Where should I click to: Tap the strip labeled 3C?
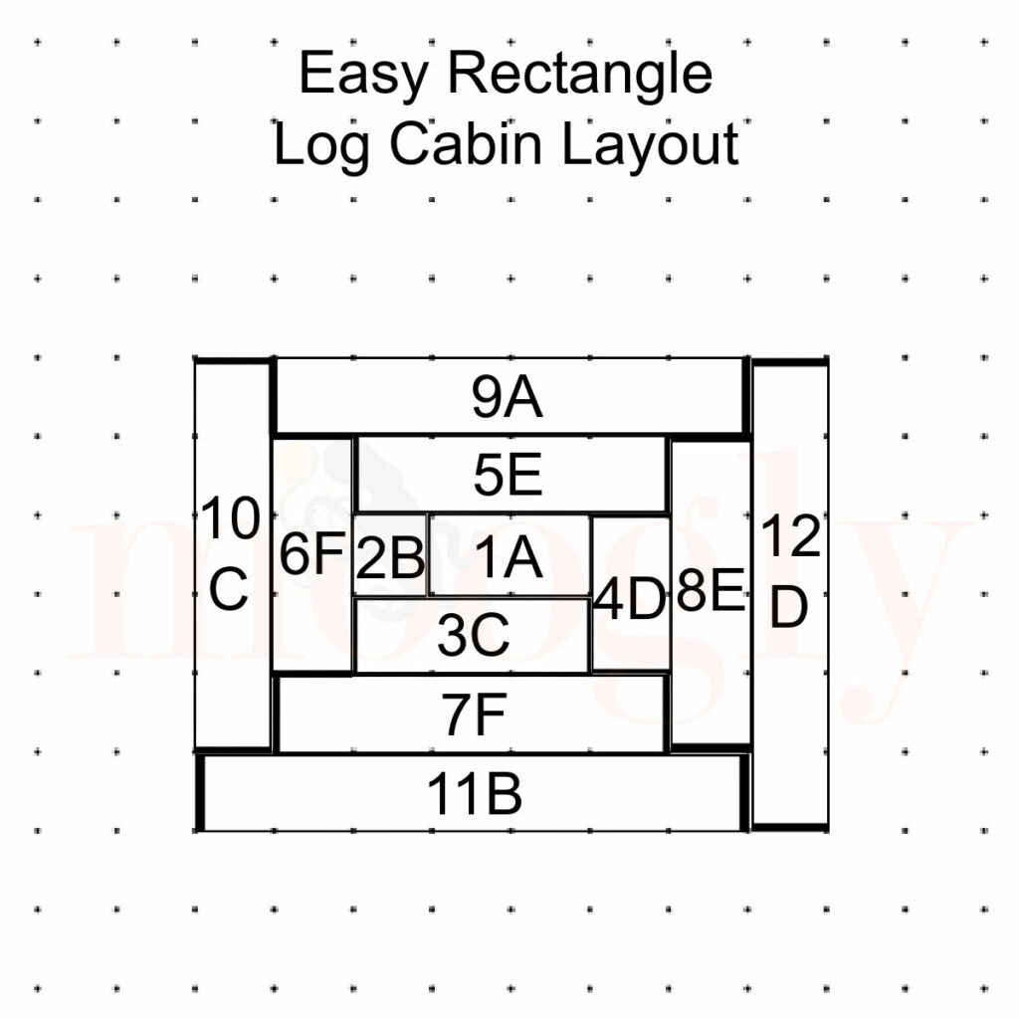[x=473, y=636]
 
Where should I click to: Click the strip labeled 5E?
[x=508, y=477]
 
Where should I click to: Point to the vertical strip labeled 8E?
[x=711, y=594]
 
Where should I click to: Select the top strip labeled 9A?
[x=508, y=398]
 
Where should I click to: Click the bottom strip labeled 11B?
[x=474, y=794]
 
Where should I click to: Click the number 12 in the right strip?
[x=790, y=539]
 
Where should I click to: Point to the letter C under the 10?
[x=229, y=593]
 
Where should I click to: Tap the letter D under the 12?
[x=789, y=607]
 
